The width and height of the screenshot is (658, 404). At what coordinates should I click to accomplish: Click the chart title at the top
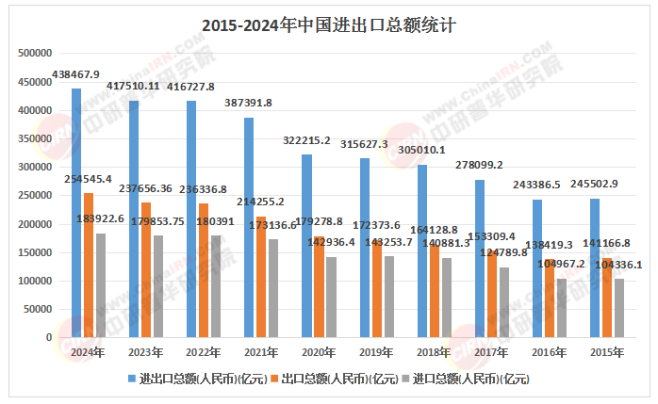point(329,25)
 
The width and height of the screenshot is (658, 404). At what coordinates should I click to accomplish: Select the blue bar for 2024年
point(76,213)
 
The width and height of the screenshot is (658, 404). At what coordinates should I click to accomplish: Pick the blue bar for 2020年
point(307,245)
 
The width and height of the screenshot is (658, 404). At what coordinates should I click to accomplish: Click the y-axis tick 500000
point(34,54)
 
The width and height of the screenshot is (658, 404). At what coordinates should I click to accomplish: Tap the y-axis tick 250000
point(34,196)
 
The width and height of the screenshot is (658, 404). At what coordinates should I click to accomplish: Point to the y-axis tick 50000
point(37,309)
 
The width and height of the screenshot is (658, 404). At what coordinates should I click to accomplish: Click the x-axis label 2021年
point(261,352)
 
